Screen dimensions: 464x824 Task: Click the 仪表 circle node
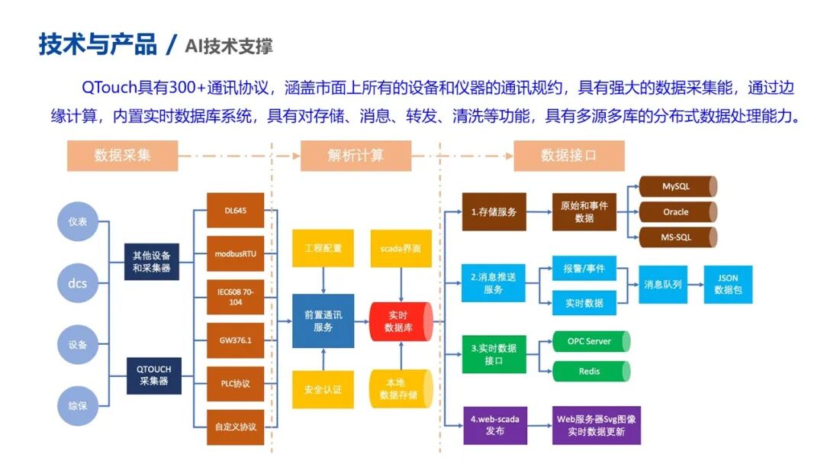78,221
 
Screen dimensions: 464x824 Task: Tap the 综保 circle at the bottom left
78,405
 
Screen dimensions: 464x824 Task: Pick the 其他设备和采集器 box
152,262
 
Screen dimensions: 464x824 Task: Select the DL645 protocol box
235,210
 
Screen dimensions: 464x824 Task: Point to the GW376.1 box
235,340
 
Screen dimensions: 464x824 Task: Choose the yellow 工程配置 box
323,248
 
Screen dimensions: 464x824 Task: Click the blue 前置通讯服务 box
323,321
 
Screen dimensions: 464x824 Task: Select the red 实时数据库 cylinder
401,321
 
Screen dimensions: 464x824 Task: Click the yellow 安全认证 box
323,389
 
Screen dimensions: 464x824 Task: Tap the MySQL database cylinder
677,186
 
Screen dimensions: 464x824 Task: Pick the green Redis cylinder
590,372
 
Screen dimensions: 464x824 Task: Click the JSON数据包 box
727,284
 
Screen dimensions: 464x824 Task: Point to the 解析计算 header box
356,156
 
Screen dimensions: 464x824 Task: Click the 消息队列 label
663,284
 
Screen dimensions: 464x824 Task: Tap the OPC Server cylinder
590,341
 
